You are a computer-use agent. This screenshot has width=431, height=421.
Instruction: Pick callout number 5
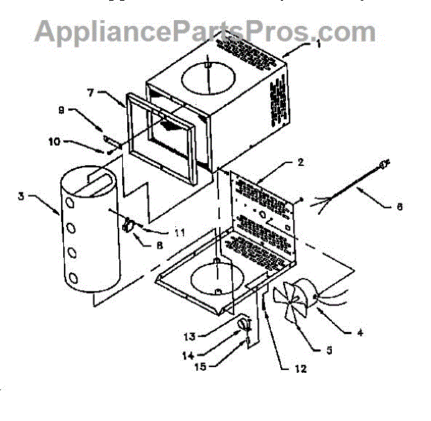tap(328, 351)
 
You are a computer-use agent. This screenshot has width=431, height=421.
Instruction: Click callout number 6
tap(399, 207)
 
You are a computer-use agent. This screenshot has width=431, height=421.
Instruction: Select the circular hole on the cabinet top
tap(206, 76)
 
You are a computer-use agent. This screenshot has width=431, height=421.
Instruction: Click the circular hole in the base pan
tap(215, 276)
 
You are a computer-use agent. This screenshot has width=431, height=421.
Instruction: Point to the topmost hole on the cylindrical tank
tap(71, 204)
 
